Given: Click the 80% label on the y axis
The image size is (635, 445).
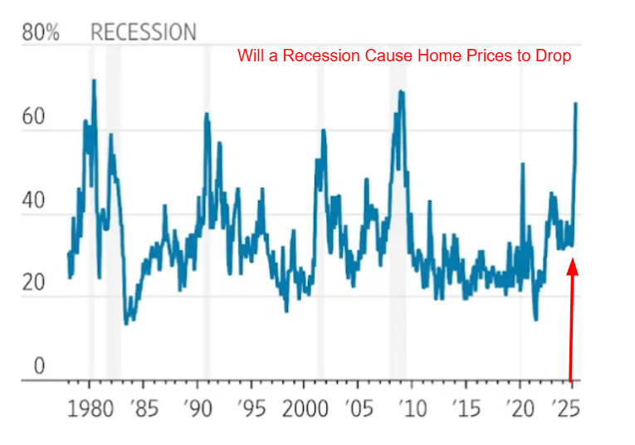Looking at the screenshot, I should tap(41, 33).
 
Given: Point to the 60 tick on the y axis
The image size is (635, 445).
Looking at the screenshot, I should tap(32, 117).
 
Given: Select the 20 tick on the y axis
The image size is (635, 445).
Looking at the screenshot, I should tap(32, 283).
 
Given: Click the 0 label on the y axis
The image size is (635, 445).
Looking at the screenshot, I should tap(38, 366).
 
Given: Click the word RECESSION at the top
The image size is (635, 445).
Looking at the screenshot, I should tap(143, 33).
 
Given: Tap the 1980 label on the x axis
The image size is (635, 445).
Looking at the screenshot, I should tap(90, 409).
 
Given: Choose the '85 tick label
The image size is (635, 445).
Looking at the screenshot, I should tap(144, 409).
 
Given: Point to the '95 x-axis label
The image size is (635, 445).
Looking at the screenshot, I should tap(251, 409).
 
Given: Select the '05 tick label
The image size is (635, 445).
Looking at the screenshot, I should tap(358, 409).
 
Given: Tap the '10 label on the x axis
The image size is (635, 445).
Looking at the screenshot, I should tap(412, 409).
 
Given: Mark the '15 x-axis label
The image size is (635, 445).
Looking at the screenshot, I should tap(466, 409).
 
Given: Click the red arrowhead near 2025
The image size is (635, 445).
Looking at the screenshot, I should tap(573, 267).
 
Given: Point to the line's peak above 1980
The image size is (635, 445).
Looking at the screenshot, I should tap(94, 81).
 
